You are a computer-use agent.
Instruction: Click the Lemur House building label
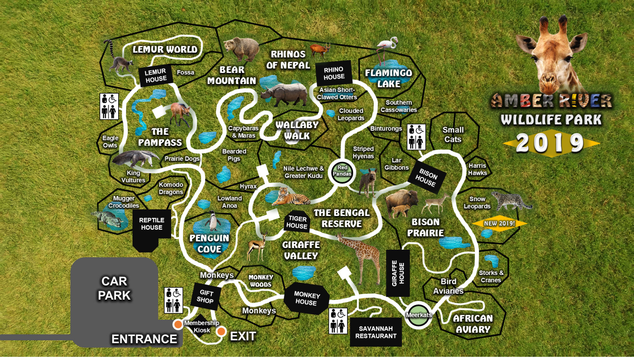click(x=156, y=75)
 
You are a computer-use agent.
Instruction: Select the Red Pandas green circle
click(x=342, y=171)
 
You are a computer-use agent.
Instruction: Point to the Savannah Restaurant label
click(x=375, y=332)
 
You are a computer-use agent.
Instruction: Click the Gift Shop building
click(x=205, y=296)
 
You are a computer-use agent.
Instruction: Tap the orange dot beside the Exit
click(x=221, y=331)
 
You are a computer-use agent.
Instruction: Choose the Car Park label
click(x=114, y=288)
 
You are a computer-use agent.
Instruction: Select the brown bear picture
click(x=242, y=49)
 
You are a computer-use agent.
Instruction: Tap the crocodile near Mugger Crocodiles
click(x=108, y=220)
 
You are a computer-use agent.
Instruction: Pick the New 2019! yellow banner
click(x=499, y=223)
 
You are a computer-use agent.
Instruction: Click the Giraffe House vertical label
click(x=398, y=273)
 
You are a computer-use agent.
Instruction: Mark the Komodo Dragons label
click(x=171, y=188)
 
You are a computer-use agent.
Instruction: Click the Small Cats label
click(x=453, y=135)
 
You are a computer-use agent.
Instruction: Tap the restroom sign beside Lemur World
click(x=109, y=106)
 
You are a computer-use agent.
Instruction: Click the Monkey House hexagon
click(x=307, y=299)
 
